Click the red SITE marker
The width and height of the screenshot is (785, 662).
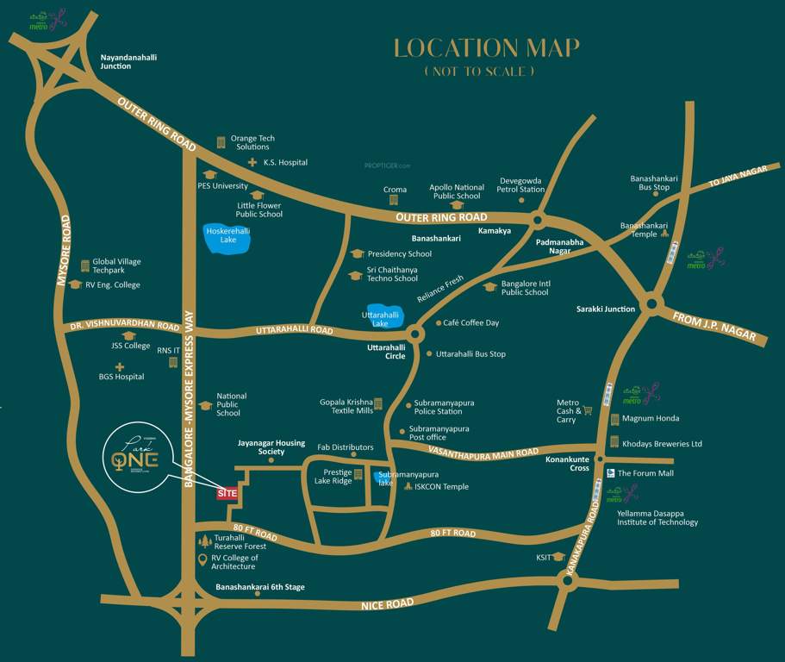pos(227,493)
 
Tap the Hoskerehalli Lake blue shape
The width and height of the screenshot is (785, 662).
pos(227,239)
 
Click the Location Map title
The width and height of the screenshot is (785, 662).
pos(487,48)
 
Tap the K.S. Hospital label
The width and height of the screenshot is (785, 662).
pos(285,162)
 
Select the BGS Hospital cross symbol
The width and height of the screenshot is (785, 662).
pos(120,366)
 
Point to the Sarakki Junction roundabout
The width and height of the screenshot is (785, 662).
pos(652,303)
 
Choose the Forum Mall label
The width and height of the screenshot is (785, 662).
pos(645,473)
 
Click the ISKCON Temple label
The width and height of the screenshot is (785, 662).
pos(441,487)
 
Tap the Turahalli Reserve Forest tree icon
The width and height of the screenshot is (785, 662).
pos(204,541)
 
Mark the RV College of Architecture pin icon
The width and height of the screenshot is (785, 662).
pos(202,560)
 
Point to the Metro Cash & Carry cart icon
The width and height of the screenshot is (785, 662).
pos(588,410)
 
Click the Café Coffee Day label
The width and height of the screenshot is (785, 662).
pos(470,323)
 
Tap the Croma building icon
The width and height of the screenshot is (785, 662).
pos(394,199)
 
